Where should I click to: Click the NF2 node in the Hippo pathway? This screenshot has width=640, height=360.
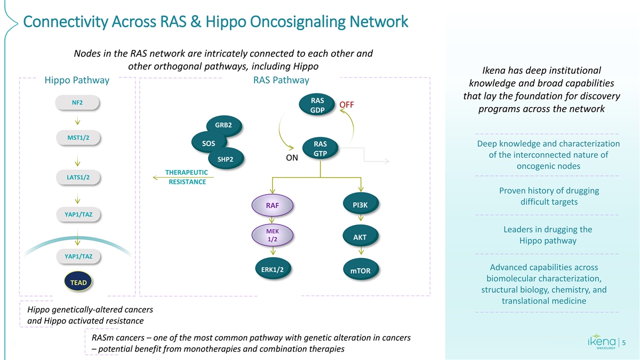(x=77, y=102)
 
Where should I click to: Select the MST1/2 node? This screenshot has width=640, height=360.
(x=78, y=138)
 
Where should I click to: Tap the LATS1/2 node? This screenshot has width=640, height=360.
(x=78, y=177)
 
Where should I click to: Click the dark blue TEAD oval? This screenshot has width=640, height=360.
(x=78, y=282)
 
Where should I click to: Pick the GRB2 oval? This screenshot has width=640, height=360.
(x=223, y=125)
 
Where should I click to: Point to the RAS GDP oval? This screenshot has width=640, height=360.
(x=318, y=105)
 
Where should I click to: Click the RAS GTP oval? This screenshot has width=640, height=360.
(x=320, y=149)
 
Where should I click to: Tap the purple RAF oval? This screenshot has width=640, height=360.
(x=272, y=205)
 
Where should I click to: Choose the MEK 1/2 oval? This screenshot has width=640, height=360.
(x=272, y=235)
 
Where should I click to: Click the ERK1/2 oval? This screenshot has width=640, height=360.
(x=272, y=269)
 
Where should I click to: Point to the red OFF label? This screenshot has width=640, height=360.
(x=347, y=105)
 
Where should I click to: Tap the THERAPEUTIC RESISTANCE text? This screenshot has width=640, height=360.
(x=187, y=177)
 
